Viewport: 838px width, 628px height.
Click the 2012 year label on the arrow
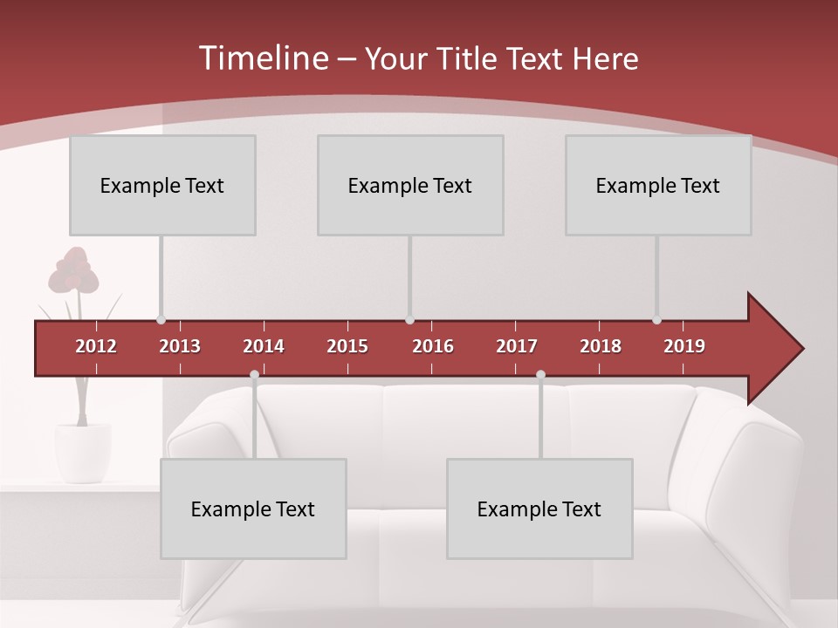click(96, 346)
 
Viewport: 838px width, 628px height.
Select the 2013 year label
click(180, 346)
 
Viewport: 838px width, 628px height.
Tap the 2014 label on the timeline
click(264, 346)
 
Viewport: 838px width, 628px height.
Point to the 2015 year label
click(347, 346)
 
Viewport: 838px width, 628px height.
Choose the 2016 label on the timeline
click(433, 346)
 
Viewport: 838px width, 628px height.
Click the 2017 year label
click(517, 346)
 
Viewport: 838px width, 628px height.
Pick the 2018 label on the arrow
click(601, 346)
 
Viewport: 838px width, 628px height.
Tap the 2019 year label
click(684, 346)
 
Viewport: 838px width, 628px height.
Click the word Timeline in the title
click(262, 58)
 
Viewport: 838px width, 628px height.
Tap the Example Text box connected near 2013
click(162, 185)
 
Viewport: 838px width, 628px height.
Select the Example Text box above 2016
click(410, 185)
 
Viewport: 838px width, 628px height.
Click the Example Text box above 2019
click(658, 185)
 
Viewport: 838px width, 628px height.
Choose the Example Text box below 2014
click(253, 509)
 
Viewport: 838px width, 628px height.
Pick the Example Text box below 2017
click(539, 509)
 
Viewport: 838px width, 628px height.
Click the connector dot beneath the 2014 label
click(254, 375)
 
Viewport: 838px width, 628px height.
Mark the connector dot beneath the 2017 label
click(540, 375)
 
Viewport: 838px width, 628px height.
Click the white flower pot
click(83, 451)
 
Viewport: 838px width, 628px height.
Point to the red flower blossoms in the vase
click(73, 270)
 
